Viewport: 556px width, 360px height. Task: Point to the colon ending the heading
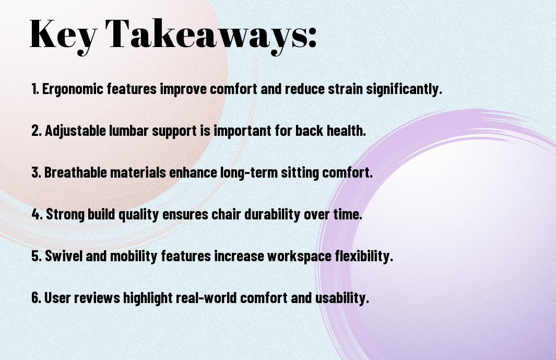tap(312, 38)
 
